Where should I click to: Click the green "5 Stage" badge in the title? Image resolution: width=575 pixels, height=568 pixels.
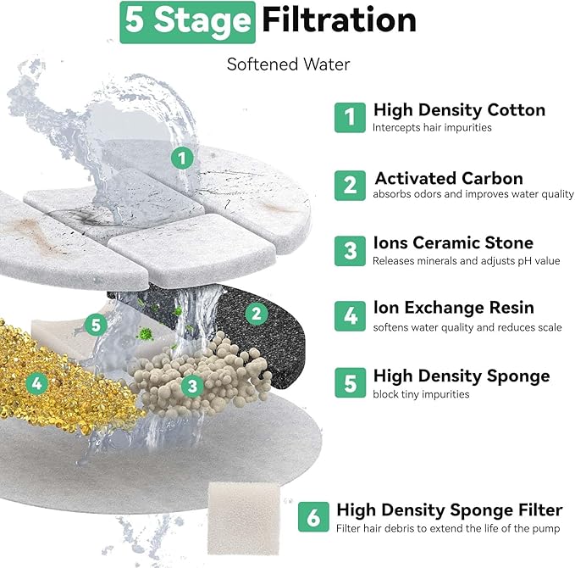(187, 22)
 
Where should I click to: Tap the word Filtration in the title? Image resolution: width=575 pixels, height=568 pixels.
(340, 20)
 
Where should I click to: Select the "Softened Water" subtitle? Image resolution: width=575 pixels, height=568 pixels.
(288, 64)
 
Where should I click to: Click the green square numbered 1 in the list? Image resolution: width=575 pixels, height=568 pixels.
(350, 118)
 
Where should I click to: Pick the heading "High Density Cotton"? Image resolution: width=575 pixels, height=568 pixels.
(459, 110)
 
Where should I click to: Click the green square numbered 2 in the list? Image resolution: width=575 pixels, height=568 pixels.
(350, 186)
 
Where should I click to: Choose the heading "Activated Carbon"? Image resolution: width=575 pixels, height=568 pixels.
(449, 178)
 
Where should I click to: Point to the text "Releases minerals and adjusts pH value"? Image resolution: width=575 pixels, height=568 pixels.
(466, 261)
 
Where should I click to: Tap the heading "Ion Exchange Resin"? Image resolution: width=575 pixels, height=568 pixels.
(454, 308)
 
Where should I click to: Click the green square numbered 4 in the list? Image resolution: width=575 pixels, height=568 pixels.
(350, 316)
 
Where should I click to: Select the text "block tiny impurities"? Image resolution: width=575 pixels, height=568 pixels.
(421, 394)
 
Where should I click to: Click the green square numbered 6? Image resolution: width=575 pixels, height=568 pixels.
(313, 517)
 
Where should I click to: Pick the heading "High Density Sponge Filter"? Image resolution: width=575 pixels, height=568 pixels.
(450, 510)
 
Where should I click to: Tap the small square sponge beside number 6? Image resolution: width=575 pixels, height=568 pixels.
(244, 519)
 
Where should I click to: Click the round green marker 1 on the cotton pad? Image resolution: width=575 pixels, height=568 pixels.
(182, 159)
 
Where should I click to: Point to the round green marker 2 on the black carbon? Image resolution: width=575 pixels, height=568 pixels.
(256, 314)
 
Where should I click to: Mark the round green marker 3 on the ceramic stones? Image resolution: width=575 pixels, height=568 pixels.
(192, 386)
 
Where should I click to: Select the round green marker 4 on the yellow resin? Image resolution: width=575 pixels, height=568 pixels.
(37, 384)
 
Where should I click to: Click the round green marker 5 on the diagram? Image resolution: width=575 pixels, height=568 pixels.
(96, 325)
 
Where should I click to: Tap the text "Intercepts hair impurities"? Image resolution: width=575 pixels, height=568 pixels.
(432, 128)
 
